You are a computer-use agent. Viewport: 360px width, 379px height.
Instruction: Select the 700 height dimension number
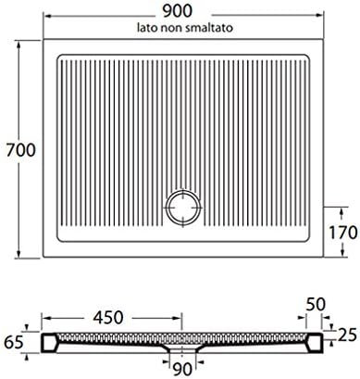point(21,150)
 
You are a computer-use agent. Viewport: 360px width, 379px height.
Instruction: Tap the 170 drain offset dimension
point(342,233)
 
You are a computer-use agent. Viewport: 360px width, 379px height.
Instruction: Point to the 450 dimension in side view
point(108,317)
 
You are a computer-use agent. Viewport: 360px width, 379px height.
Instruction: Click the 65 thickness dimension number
point(14,342)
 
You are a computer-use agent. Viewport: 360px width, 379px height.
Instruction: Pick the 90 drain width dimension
point(182,369)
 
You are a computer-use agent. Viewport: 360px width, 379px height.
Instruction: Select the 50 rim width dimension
point(316,304)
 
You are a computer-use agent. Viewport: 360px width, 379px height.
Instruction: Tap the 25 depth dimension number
point(347,335)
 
